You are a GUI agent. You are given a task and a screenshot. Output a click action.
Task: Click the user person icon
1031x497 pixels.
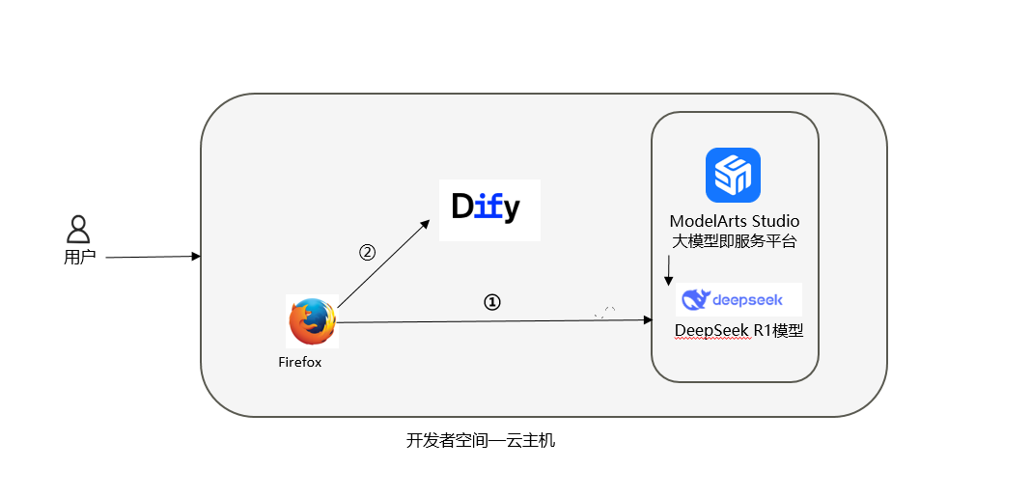[x=78, y=229]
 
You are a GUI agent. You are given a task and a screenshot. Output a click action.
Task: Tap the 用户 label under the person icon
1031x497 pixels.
[x=79, y=258]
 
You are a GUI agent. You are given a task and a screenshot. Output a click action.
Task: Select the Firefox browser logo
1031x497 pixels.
[x=312, y=322]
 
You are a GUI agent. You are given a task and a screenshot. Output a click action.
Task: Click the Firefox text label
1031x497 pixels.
[x=299, y=363]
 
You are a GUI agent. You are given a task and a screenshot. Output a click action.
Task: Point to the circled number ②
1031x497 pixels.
[x=367, y=252]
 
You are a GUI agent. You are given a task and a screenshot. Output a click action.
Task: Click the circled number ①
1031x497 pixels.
[x=492, y=301]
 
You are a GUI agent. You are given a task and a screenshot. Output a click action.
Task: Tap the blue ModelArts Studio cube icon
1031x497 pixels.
[x=733, y=175]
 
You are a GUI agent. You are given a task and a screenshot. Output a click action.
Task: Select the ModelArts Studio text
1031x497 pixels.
[x=735, y=221]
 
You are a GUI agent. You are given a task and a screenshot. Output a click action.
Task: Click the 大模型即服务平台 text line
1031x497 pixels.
[x=735, y=241]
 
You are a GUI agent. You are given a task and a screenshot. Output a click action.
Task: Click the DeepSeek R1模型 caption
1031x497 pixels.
[x=739, y=330]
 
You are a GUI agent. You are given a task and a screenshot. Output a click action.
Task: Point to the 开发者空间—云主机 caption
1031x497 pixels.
[x=481, y=441]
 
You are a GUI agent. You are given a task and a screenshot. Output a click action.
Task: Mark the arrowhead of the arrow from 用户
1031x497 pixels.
[x=196, y=256]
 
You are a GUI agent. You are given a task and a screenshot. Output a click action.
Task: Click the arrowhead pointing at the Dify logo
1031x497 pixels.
[x=426, y=224]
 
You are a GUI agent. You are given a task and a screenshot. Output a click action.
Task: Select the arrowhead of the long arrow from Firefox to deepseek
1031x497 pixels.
[x=649, y=319]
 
